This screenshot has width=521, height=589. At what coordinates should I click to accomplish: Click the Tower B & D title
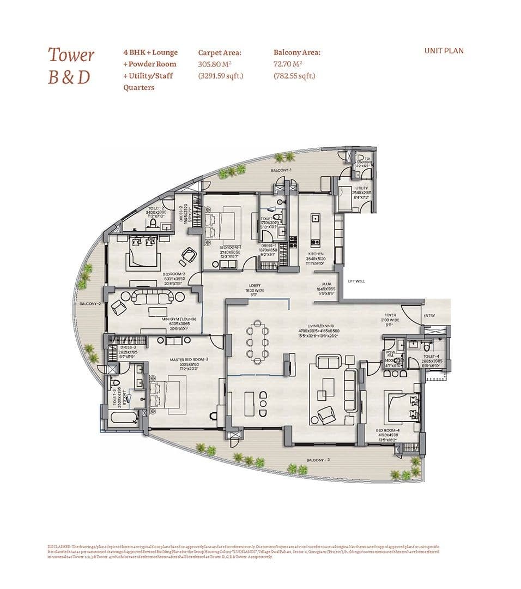[x=71, y=65]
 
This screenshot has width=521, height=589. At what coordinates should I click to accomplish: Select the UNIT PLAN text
[x=444, y=51]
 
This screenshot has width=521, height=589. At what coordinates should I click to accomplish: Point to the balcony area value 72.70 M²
[x=287, y=64]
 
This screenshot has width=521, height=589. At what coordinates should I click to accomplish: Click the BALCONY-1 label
[x=281, y=171]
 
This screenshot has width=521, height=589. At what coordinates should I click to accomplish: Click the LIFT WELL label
[x=357, y=281]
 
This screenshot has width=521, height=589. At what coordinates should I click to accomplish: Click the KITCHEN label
[x=316, y=254]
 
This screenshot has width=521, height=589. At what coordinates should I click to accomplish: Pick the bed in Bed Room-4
[x=402, y=405]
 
